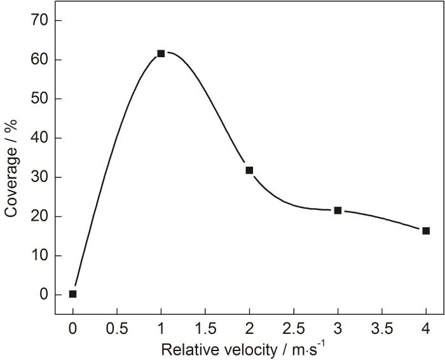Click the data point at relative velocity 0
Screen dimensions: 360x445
click(x=73, y=294)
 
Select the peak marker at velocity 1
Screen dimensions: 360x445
click(x=161, y=53)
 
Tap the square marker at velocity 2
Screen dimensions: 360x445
click(x=249, y=170)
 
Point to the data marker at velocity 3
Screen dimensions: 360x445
click(x=338, y=210)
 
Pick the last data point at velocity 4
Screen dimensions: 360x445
click(x=426, y=231)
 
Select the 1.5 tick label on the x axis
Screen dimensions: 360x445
click(x=205, y=329)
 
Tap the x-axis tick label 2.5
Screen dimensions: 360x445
click(x=293, y=329)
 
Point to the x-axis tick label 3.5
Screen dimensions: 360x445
click(x=381, y=329)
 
